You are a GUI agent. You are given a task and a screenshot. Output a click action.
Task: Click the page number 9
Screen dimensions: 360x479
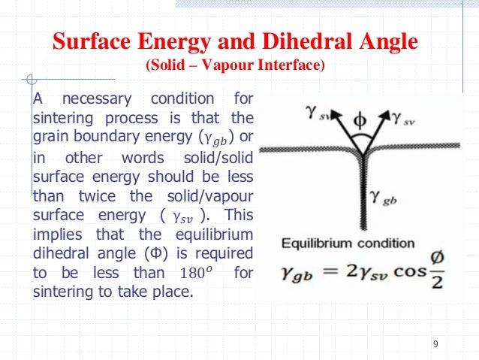436,344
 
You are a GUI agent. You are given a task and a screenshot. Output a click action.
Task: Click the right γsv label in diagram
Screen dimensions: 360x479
408,115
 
